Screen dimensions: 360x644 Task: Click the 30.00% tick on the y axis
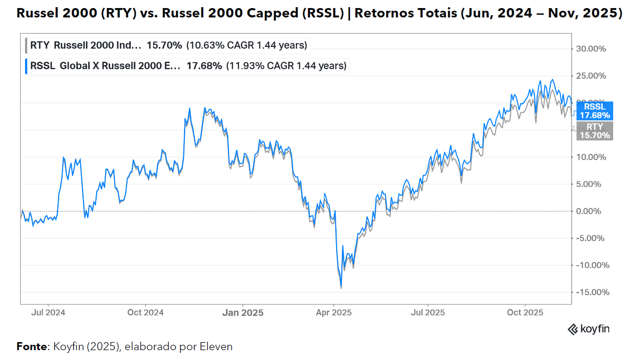pos(590,49)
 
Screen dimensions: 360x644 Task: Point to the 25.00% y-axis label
pos(590,76)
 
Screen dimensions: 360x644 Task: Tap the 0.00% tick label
pos(592,211)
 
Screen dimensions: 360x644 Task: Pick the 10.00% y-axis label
pos(590,157)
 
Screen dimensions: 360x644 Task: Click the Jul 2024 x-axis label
pos(49,312)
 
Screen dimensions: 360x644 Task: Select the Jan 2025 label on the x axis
pos(243,312)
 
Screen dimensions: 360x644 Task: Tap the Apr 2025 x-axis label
pos(333,312)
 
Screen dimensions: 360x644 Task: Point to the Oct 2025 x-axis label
pos(525,312)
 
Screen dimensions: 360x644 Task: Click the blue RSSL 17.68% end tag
pos(594,111)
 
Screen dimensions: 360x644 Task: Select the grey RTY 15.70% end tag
pos(594,131)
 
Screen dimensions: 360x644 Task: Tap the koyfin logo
pos(589,330)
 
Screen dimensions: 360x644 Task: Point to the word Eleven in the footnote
pos(217,347)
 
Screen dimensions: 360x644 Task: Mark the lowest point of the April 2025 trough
pos(341,288)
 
